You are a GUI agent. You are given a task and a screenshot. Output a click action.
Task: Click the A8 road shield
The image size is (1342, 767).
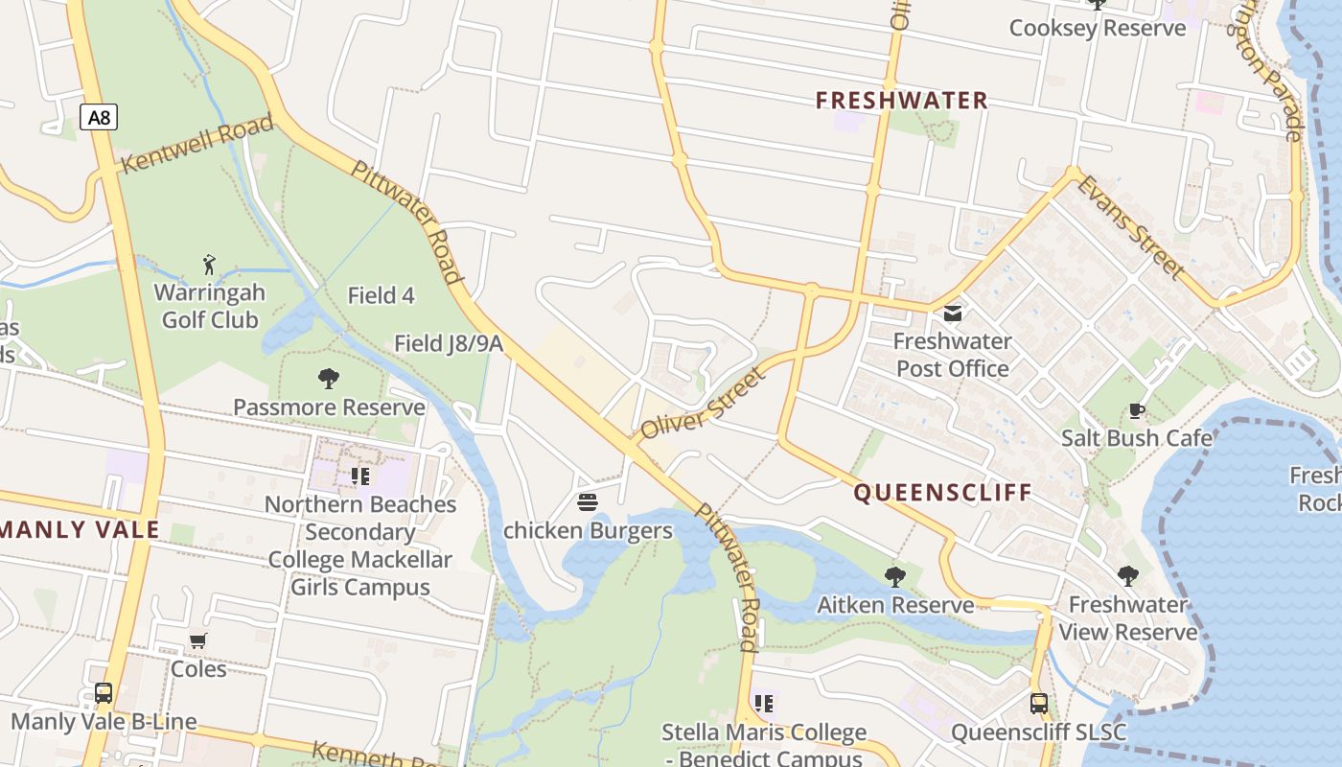[99, 118]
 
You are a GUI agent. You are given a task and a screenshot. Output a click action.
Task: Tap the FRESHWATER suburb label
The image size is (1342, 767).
[901, 101]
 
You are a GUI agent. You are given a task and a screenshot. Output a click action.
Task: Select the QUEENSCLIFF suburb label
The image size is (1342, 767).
[942, 493]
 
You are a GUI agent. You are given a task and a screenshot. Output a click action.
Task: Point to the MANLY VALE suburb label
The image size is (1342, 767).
[80, 529]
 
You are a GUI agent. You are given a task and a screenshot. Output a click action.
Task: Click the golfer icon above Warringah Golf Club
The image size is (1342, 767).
[210, 265]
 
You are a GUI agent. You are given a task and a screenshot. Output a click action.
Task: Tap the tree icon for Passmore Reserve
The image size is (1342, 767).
[329, 379]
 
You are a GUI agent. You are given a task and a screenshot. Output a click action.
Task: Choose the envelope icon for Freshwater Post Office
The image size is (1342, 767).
[953, 314]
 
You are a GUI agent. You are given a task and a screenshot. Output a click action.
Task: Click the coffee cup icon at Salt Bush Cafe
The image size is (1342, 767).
[1137, 411]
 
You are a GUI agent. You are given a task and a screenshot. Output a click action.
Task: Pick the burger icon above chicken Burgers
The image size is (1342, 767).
[588, 502]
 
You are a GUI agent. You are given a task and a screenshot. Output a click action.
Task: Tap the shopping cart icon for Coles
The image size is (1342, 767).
[198, 640]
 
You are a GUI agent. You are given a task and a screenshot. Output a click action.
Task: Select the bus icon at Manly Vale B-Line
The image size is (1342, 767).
[104, 693]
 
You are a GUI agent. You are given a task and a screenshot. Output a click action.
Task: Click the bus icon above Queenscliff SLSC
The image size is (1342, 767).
[1039, 704]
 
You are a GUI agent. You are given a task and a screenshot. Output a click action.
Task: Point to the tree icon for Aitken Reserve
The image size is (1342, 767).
[895, 576]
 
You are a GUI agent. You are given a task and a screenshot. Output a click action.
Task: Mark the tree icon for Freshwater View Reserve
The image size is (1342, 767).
[1128, 576]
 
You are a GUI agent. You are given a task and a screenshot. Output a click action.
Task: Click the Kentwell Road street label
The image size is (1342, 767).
[197, 144]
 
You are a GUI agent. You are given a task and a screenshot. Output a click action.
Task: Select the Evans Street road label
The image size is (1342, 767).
[1130, 226]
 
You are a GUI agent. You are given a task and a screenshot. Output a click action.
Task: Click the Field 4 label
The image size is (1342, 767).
[381, 295]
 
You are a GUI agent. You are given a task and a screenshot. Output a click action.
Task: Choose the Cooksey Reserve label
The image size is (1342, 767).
[1098, 28]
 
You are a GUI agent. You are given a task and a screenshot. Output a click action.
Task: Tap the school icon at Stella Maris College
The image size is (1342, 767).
[764, 705]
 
